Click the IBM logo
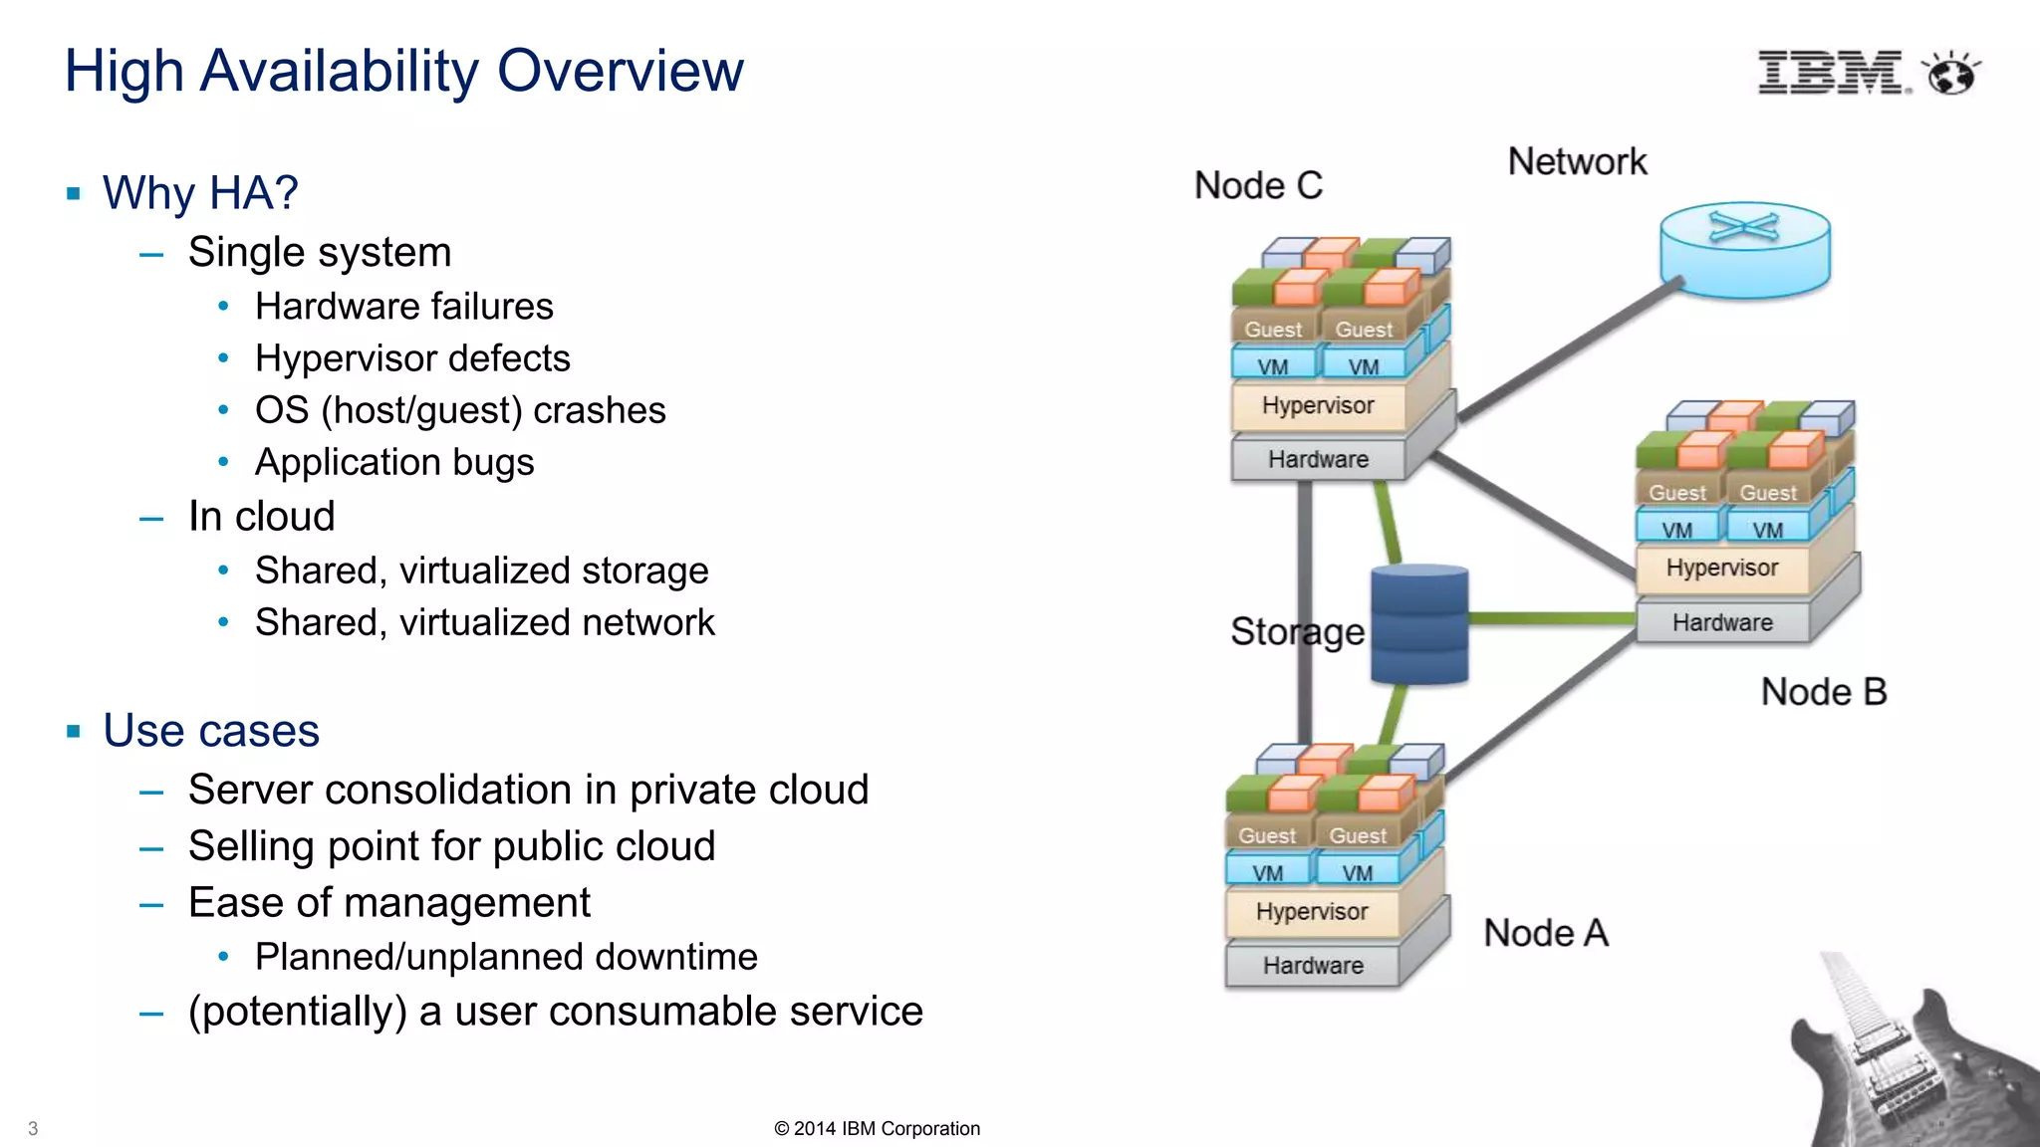click(1831, 73)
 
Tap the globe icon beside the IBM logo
click(1951, 74)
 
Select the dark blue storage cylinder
click(1418, 624)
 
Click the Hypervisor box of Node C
click(1318, 406)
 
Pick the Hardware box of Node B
click(1722, 623)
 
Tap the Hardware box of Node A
click(1313, 966)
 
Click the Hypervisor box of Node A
click(1312, 912)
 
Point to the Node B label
click(1823, 692)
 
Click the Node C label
click(1258, 185)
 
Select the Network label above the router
click(1577, 161)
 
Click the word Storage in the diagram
click(1297, 631)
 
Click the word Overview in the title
click(620, 72)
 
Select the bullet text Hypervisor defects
click(412, 358)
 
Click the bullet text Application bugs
click(394, 462)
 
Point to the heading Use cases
click(211, 731)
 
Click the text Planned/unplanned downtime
click(506, 957)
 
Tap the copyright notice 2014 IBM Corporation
click(877, 1128)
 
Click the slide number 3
click(33, 1128)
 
